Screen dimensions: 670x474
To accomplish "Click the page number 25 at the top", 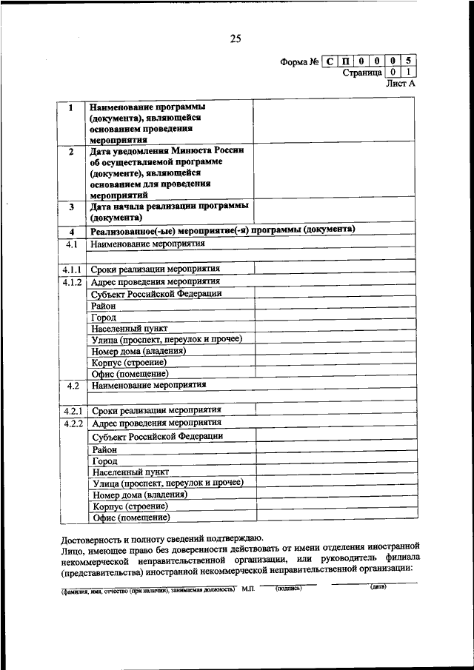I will (x=236, y=39).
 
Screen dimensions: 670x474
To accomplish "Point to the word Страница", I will (x=361, y=73).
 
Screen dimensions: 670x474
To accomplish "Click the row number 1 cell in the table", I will (x=71, y=108).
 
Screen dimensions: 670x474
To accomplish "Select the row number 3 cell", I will (x=71, y=209).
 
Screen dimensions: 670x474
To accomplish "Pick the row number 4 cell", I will (x=72, y=231).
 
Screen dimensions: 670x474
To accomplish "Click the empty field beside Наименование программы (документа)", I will (x=333, y=121).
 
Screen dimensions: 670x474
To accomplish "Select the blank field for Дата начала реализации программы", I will (x=333, y=212).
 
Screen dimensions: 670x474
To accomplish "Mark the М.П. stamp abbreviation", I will (x=247, y=590).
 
